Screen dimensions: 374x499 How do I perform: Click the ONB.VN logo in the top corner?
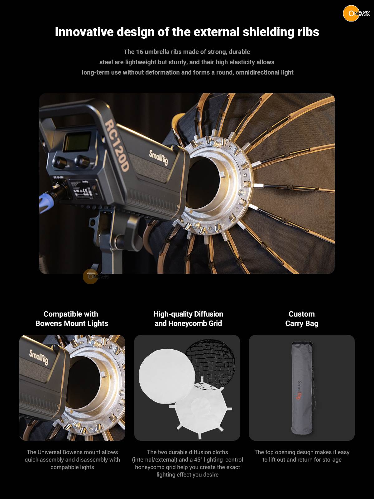tap(357, 13)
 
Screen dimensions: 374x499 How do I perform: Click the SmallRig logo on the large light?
tap(159, 157)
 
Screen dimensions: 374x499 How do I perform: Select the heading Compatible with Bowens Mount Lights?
tap(72, 318)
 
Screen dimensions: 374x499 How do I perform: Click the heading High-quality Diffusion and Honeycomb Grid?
tap(188, 318)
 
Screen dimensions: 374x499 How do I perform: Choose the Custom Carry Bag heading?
tap(302, 318)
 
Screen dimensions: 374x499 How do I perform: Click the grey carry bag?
tap(302, 388)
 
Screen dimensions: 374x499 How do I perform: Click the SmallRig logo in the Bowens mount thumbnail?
tap(39, 357)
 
